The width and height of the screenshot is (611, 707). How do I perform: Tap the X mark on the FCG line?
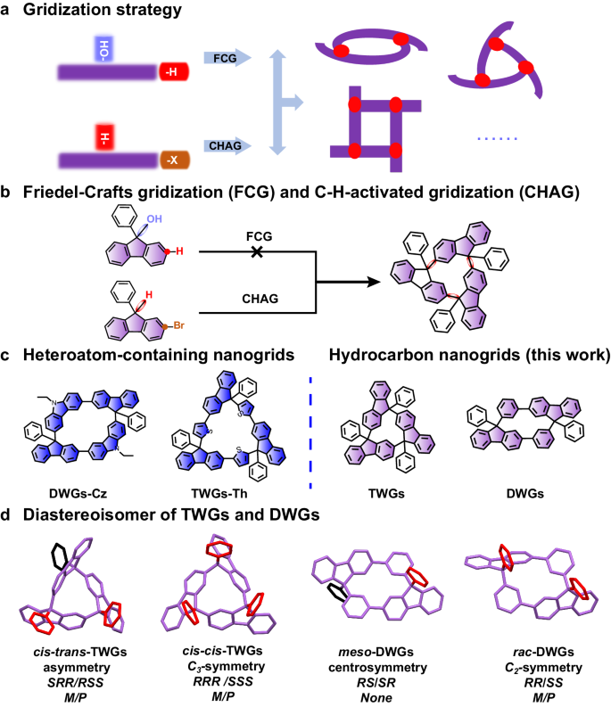point(256,252)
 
